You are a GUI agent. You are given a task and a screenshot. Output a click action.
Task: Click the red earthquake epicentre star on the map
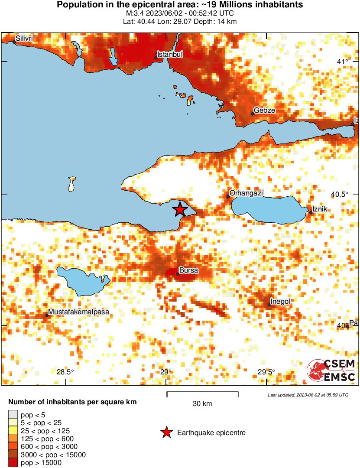tap(180, 210)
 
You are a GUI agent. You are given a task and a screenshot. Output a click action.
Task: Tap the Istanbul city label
tap(170, 54)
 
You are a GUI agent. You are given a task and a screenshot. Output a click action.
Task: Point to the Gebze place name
tap(264, 110)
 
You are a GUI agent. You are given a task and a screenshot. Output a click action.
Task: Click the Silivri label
tap(24, 39)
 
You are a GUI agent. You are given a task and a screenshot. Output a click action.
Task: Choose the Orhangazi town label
tap(246, 193)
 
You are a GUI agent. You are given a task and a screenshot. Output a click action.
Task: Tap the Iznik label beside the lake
tap(321, 210)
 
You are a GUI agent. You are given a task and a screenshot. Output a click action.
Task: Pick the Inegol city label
tap(280, 301)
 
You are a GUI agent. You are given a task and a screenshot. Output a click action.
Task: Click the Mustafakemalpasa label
tap(78, 312)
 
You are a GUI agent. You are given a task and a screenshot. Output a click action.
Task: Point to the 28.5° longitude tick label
tap(65, 372)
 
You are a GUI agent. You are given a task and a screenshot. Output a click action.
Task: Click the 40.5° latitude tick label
tap(340, 194)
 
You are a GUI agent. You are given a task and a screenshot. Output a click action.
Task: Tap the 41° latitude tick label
tap(343, 62)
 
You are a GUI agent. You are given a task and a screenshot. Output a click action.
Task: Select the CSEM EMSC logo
tap(331, 370)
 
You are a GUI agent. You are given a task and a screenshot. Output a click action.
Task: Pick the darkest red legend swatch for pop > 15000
tap(13, 462)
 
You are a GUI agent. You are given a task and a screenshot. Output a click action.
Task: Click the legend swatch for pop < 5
tap(13, 415)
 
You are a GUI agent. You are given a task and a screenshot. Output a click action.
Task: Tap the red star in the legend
tap(165, 432)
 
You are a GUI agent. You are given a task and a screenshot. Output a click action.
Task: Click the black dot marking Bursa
tap(178, 274)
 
